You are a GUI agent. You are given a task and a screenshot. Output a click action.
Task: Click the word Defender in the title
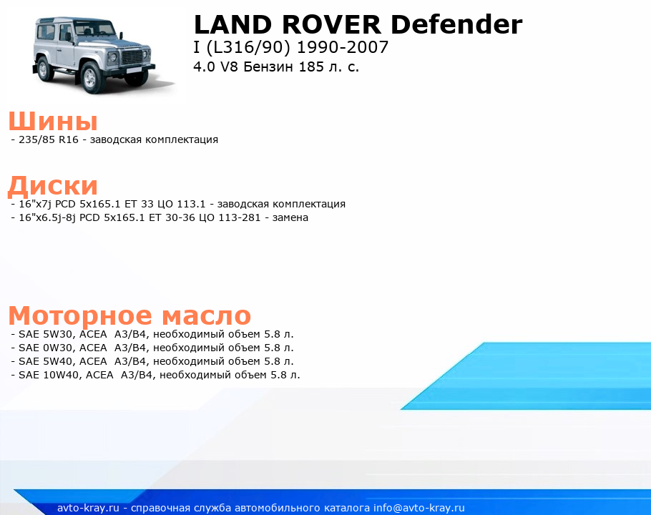(x=456, y=24)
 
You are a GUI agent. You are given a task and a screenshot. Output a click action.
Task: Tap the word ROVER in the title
(x=331, y=24)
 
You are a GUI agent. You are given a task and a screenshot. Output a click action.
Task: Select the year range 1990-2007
(x=343, y=47)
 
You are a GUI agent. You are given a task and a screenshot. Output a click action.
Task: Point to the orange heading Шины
(x=53, y=121)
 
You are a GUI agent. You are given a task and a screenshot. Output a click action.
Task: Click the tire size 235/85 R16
(x=49, y=139)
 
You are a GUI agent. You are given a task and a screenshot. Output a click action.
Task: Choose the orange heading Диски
(x=53, y=185)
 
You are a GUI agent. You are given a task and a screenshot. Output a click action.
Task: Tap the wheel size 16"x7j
(x=35, y=204)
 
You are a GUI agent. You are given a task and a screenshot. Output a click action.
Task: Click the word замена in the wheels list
(x=290, y=217)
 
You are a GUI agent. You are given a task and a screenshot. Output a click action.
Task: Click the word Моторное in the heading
(x=80, y=316)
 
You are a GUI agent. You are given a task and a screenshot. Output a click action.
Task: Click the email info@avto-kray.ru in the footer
(x=418, y=508)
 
